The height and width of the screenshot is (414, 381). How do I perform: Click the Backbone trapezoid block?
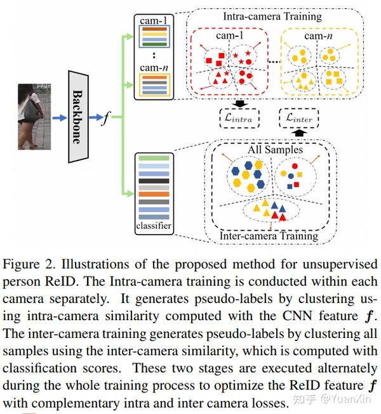pos(78,117)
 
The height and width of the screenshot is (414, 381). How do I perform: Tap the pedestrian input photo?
pos(34,117)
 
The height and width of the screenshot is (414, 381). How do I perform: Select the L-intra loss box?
pos(239,119)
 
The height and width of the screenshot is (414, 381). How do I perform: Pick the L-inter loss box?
pos(299,119)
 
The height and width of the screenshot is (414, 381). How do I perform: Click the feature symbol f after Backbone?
pos(106,118)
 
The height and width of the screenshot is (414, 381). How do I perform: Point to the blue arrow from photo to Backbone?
pos(60,118)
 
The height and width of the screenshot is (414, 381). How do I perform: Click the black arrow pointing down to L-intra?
pos(240,104)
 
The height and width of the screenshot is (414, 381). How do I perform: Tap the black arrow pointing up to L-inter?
pos(299,133)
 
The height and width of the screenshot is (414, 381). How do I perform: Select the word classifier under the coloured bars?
pos(154,226)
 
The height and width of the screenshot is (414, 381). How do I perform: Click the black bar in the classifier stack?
pos(154,181)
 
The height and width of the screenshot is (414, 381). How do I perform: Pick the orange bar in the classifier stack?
pos(154,195)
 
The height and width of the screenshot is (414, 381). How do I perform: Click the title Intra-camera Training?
pos(272,16)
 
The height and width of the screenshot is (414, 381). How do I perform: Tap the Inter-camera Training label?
pos(269,236)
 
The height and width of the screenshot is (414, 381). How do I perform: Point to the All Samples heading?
pos(275,150)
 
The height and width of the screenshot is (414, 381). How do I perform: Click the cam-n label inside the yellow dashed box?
pos(318,36)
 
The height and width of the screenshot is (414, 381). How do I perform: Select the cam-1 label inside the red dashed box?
pos(229,36)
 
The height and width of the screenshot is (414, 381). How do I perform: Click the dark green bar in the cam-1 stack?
pos(154,44)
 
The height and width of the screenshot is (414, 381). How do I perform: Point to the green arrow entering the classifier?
pos(128,193)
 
